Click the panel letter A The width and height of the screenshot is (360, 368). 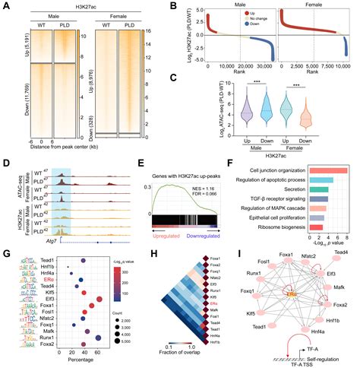click(5, 6)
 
